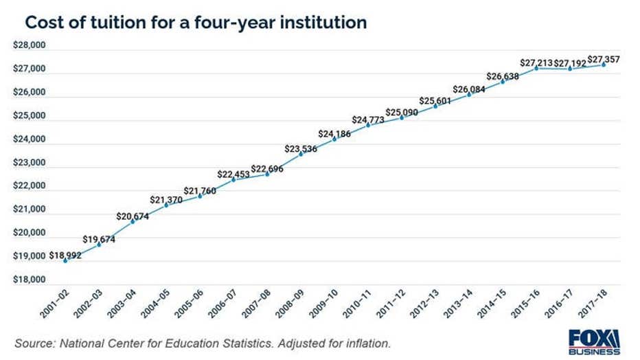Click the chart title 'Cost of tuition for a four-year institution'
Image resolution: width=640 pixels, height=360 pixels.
195,22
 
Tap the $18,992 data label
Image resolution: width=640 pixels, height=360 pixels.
65,255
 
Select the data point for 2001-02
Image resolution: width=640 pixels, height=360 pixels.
65,261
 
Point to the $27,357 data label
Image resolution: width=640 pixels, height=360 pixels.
604,60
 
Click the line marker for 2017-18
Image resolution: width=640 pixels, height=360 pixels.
604,65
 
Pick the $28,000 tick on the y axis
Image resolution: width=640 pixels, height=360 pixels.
29,45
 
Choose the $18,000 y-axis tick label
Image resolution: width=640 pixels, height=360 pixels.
29,280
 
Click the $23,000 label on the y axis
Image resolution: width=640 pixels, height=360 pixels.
29,163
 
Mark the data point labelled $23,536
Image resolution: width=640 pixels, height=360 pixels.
301,154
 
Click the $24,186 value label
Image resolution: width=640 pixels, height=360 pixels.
334,133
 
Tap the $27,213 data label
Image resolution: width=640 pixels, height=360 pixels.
536,63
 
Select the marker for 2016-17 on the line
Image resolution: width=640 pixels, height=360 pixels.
570,69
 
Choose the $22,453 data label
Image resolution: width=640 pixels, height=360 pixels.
233,174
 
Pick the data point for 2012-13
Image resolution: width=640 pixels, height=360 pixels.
435,106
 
